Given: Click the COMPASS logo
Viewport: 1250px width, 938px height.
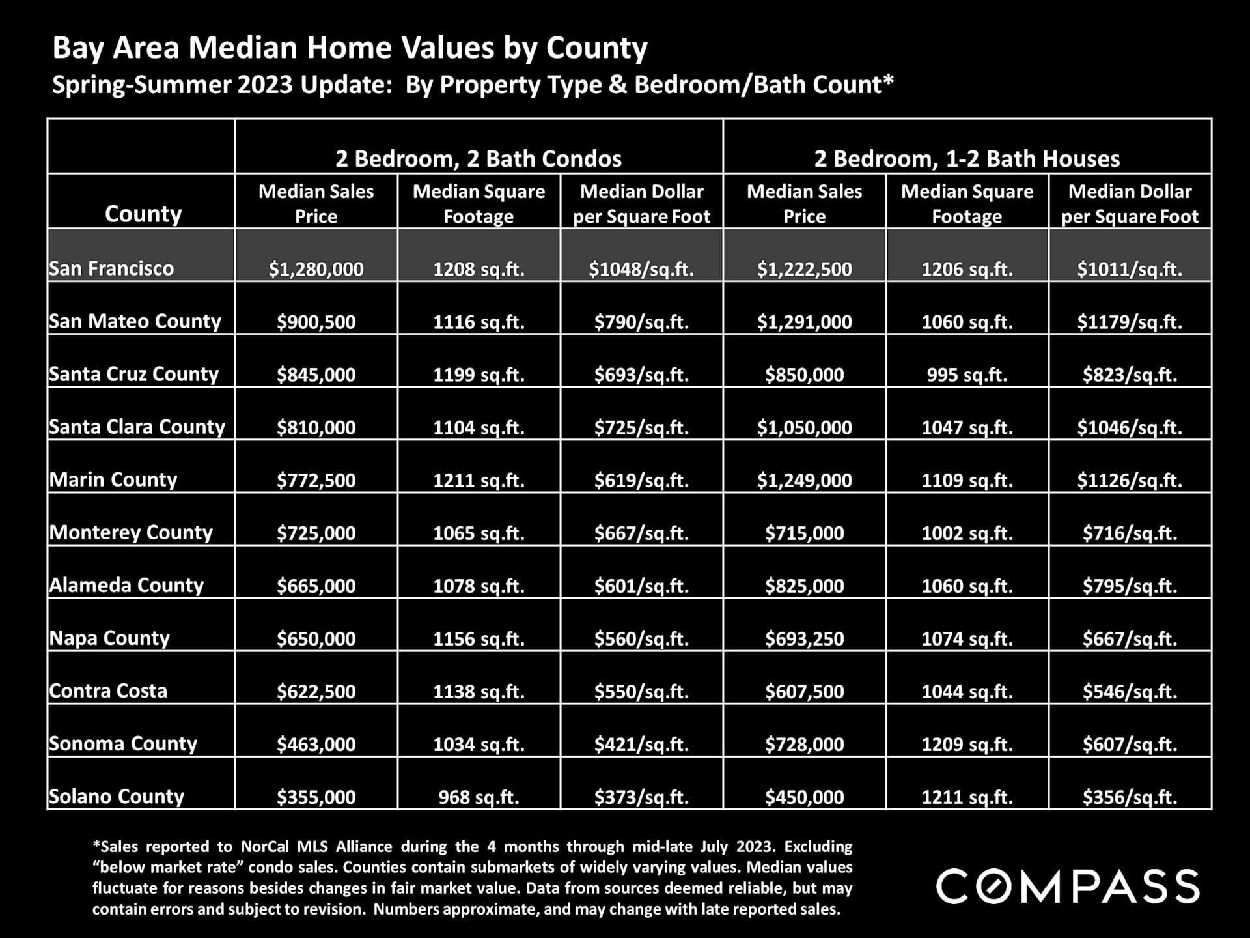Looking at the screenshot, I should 1068,887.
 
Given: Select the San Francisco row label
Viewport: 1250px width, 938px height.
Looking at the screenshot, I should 111,268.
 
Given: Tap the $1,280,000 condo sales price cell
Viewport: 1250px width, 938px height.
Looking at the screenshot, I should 316,269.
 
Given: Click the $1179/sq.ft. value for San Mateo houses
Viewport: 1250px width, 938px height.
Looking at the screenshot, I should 1130,322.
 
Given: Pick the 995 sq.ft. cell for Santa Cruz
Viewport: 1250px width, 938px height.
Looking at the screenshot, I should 967,375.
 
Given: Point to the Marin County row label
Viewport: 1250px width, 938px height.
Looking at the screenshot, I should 113,479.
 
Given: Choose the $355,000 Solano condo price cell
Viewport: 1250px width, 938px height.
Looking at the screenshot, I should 316,797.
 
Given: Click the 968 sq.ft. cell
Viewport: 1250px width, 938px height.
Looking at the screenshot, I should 479,797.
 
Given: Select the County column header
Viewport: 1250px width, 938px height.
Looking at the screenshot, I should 143,214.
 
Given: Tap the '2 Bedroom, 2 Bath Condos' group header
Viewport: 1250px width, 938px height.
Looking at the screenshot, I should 479,158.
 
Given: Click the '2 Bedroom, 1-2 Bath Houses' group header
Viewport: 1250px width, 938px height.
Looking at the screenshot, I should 967,158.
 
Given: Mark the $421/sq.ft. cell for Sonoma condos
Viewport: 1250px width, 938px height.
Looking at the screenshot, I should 641,744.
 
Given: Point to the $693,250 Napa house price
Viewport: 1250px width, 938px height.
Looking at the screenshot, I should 804,638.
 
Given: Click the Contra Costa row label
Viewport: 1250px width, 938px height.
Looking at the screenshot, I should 108,690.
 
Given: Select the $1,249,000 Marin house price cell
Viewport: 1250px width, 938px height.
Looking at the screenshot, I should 804,480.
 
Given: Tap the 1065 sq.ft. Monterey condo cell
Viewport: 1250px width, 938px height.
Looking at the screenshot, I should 479,533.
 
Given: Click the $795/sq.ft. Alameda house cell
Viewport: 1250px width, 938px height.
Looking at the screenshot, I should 1130,586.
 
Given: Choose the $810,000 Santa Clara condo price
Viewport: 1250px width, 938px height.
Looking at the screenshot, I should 316,427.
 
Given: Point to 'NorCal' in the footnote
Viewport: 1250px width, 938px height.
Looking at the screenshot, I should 264,847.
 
